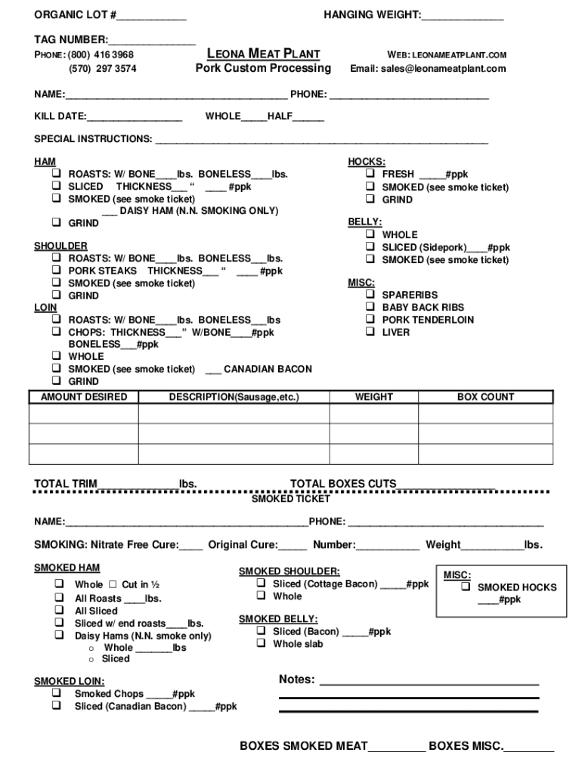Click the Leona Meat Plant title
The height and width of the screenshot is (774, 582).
[x=263, y=54]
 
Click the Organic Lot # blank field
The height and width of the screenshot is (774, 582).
[x=151, y=16]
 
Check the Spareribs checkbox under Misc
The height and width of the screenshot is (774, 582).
[x=370, y=295]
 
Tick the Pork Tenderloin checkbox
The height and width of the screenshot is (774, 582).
[x=370, y=320]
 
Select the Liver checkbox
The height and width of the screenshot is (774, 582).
[x=370, y=332]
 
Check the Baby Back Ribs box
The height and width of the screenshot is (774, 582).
[x=370, y=307]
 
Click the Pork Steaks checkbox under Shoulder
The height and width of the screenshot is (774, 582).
[x=57, y=271]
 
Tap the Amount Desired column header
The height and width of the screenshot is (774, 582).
[x=84, y=397]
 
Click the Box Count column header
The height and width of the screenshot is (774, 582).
[x=485, y=397]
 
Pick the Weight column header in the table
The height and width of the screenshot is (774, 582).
[x=374, y=397]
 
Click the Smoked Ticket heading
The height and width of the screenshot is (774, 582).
[x=290, y=499]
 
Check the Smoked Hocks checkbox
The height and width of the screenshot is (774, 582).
[x=466, y=587]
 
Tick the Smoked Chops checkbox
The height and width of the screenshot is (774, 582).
[x=57, y=693]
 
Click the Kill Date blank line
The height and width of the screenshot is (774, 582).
[x=135, y=117]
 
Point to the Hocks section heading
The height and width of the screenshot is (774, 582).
[x=366, y=162]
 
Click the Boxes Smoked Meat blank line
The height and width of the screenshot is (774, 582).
[x=397, y=747]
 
